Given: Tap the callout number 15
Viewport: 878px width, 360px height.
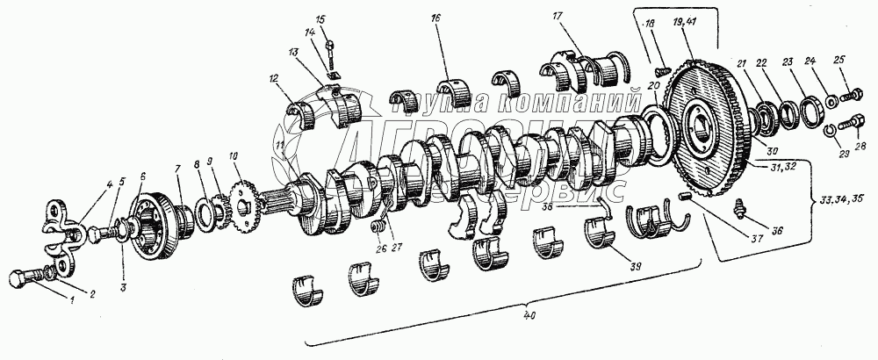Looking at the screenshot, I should pyautogui.click(x=320, y=18).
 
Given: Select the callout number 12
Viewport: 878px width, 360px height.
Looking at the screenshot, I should pyautogui.click(x=275, y=80).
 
